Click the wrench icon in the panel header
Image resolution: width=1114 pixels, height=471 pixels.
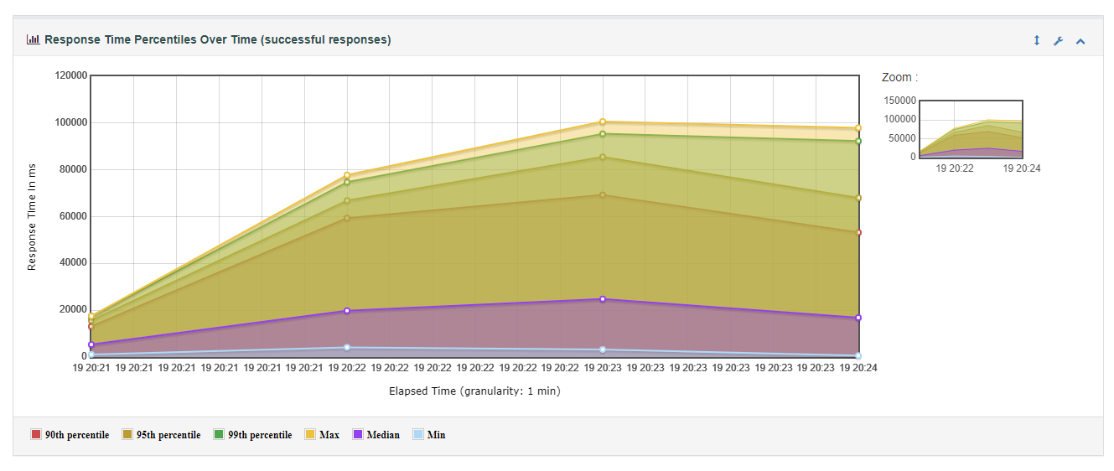(1059, 41)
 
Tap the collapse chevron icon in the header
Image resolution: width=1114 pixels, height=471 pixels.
(1080, 41)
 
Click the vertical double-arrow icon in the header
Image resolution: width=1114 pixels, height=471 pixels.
(1037, 40)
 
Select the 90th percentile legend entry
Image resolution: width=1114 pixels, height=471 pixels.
(70, 435)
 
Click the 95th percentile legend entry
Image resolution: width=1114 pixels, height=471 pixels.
(161, 435)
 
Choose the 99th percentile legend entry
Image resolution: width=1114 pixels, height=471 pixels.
(252, 435)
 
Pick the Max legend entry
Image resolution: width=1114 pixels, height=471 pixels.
(322, 435)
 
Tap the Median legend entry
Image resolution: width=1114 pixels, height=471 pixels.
(376, 435)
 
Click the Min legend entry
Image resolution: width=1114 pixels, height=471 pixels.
(429, 435)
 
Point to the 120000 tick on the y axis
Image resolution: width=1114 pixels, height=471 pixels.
(70, 75)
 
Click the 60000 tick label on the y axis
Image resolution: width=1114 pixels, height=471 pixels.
(73, 216)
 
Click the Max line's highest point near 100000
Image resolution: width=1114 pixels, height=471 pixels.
(602, 122)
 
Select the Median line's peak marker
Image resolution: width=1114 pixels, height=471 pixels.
(602, 299)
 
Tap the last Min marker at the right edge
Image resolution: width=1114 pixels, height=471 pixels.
(858, 355)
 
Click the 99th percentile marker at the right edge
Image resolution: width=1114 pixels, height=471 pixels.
(858, 142)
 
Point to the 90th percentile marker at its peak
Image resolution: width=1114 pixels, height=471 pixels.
(602, 195)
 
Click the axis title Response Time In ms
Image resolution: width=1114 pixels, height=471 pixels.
(32, 217)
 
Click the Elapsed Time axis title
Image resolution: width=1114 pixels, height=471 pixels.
(474, 391)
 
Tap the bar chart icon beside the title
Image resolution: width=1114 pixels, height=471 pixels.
(34, 39)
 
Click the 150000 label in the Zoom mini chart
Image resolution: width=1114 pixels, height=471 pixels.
(899, 100)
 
